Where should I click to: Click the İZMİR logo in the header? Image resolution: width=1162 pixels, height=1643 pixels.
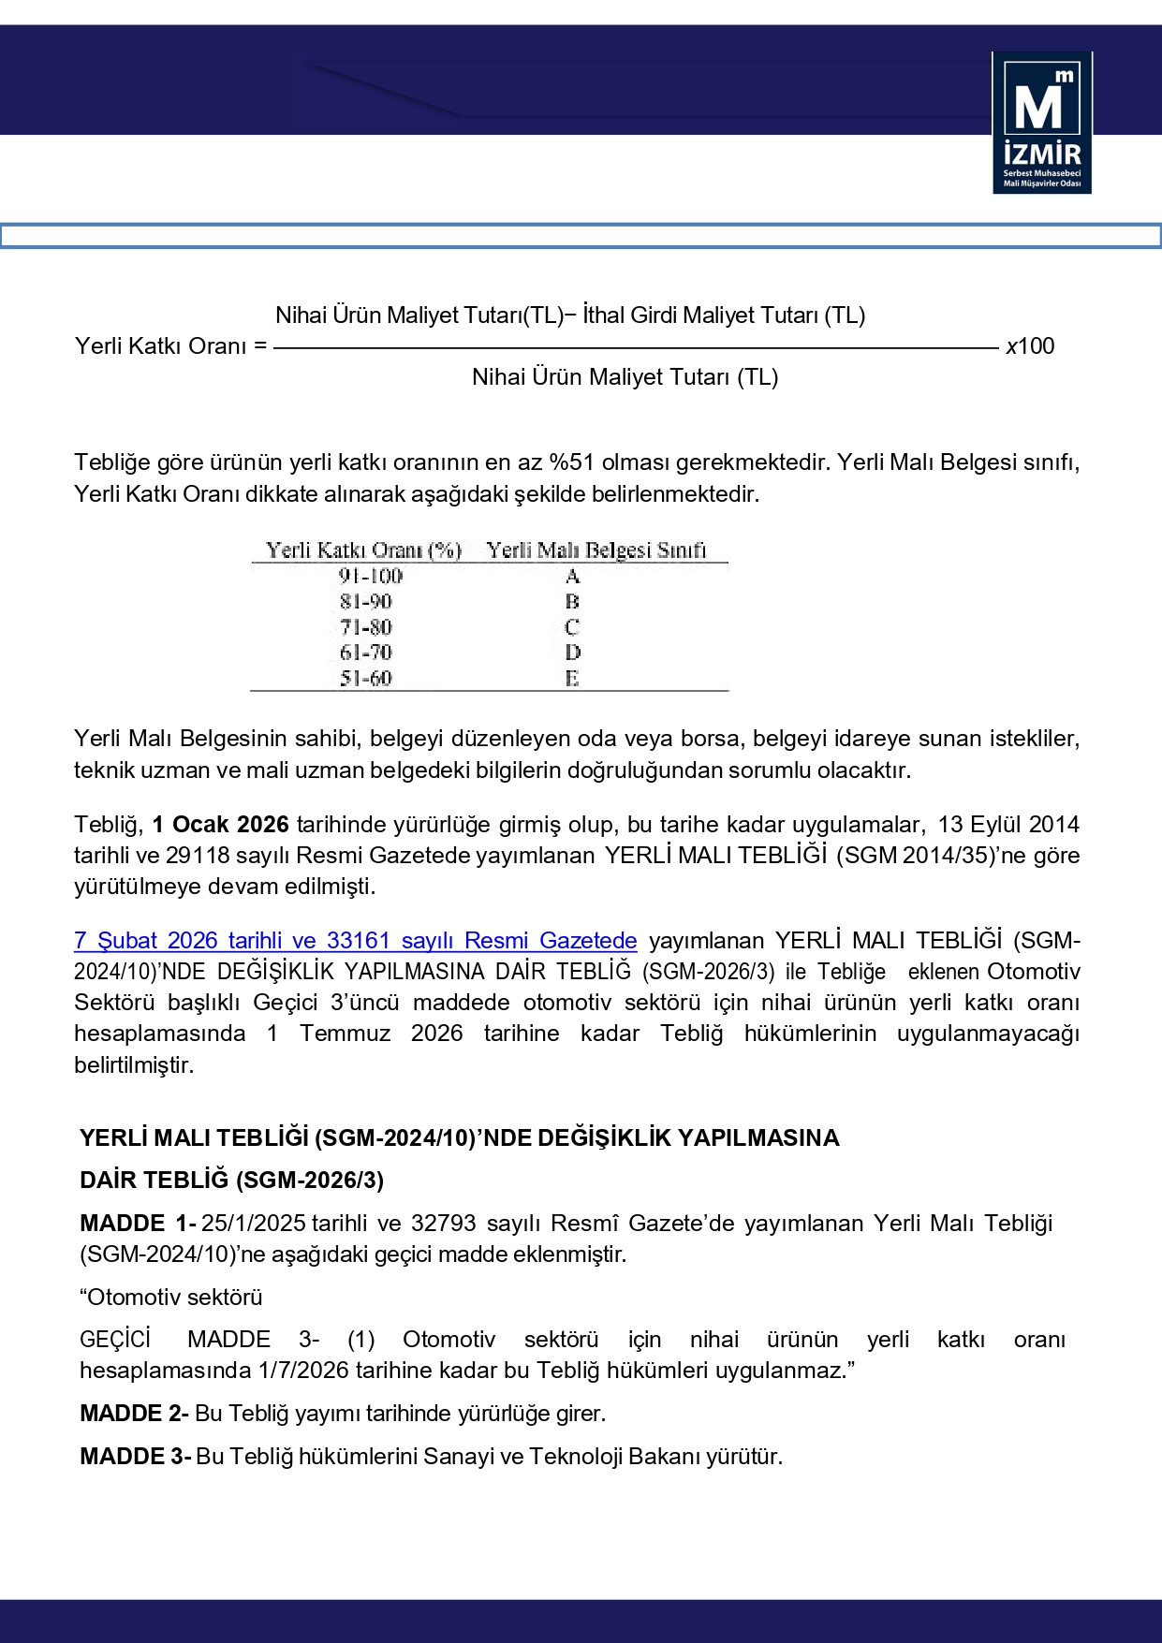1041,124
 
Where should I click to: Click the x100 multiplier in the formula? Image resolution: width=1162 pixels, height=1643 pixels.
1030,346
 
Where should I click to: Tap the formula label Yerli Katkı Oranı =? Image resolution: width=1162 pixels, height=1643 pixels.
170,346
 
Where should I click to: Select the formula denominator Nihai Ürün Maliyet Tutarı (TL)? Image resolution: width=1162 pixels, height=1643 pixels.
625,377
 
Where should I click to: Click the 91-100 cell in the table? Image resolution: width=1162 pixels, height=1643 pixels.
371,576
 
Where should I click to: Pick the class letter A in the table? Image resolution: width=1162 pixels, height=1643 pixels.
572,576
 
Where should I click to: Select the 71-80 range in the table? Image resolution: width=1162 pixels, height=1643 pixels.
366,627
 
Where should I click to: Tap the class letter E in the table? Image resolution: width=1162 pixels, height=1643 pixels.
572,678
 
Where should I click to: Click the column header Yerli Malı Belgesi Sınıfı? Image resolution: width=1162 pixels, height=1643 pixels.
596,550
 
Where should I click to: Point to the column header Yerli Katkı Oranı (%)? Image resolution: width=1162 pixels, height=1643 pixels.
364,550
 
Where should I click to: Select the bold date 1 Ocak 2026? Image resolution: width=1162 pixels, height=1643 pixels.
221,825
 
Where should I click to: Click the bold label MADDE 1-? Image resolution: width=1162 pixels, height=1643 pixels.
138,1224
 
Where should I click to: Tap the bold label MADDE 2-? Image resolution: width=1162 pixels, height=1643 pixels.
134,1414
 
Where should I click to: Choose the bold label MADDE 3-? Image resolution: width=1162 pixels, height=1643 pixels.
135,1457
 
